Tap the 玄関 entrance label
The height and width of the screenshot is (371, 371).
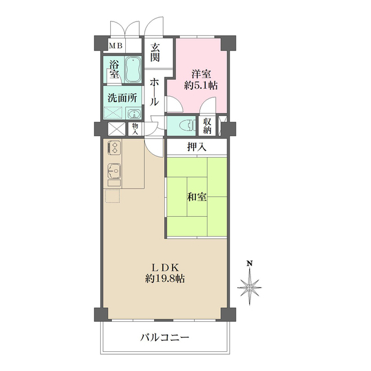tap(156, 53)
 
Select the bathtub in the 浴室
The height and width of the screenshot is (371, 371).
tap(133, 70)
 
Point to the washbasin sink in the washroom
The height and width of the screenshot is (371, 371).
tap(134, 114)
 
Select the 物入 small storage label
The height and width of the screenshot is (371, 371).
tap(135, 129)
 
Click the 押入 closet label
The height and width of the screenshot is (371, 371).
tap(196, 147)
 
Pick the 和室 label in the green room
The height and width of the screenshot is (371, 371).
tap(196, 197)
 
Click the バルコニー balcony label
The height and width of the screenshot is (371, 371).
tap(165, 337)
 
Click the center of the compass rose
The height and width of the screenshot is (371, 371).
tap(250, 286)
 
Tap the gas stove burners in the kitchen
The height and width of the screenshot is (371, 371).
tap(114, 148)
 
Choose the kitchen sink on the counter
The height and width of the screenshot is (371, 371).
tap(114, 171)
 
